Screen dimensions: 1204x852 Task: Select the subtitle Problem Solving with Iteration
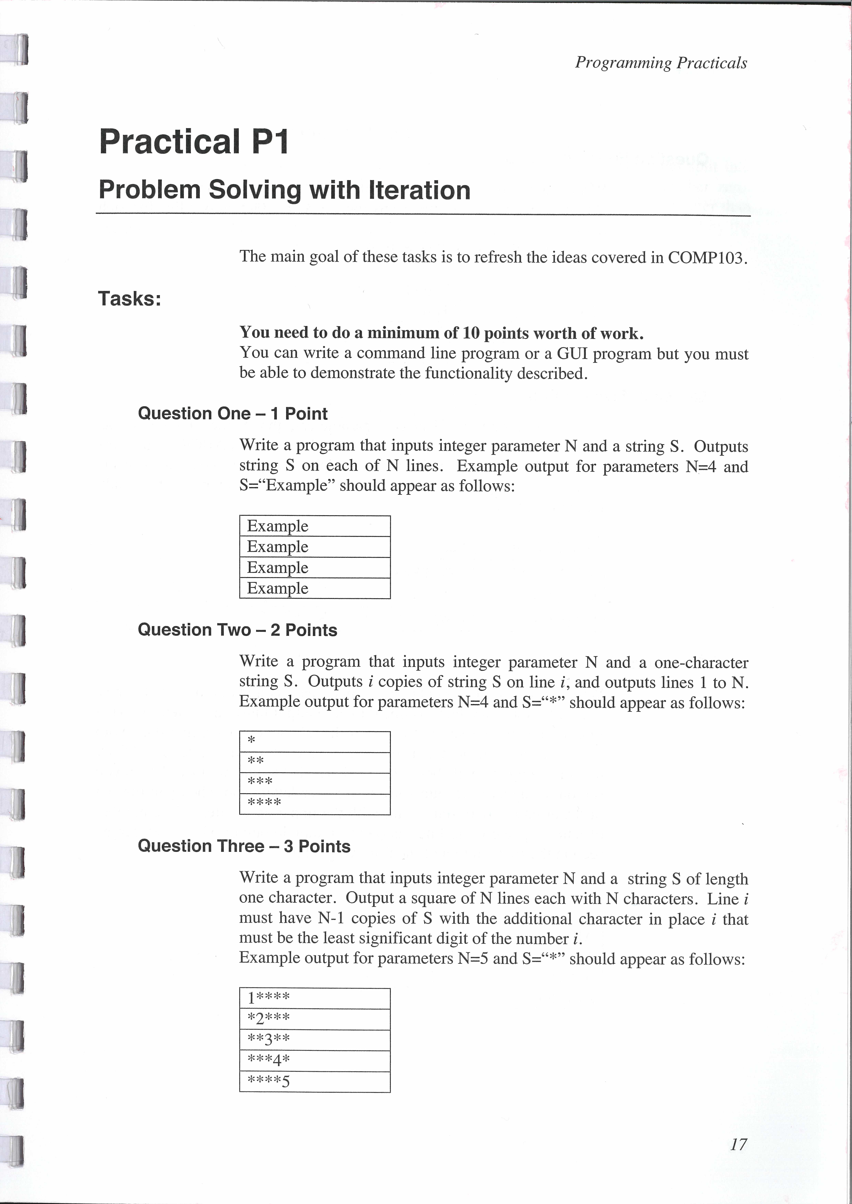pos(284,190)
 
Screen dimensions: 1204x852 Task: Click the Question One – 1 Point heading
pos(232,414)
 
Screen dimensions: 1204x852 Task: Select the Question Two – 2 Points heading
pos(237,630)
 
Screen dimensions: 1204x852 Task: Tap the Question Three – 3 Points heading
pos(244,846)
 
